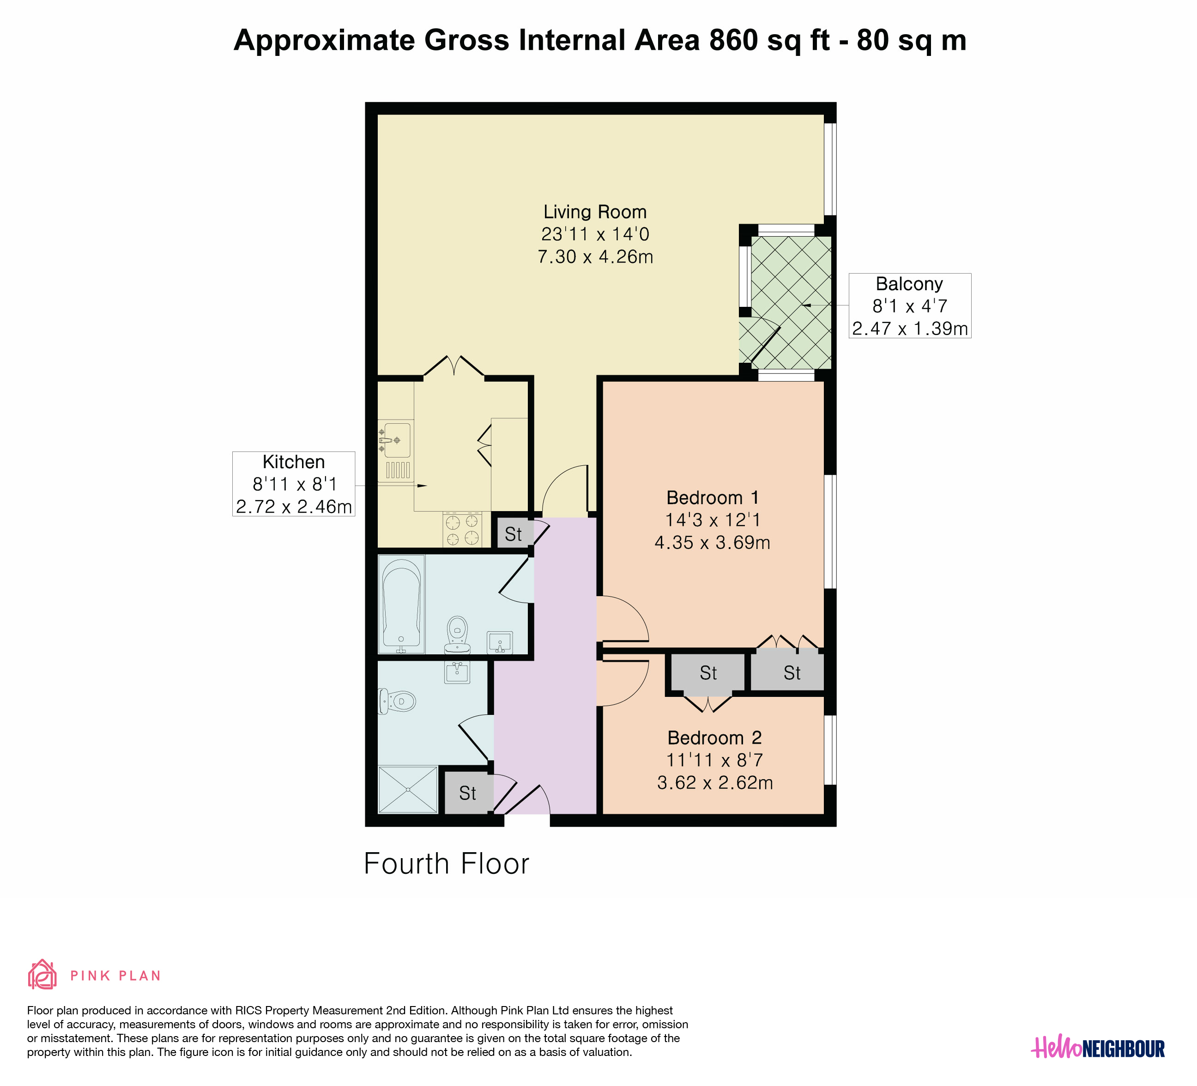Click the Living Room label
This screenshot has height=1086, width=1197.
pos(595,212)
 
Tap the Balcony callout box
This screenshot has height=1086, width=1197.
pos(910,306)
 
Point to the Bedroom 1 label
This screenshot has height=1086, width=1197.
pos(713,498)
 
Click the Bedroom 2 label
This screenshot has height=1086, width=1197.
pos(714,738)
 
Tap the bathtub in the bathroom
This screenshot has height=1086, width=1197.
pos(402,604)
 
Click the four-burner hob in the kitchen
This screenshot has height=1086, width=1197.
pos(462,529)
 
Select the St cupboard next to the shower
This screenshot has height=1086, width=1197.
pos(468,793)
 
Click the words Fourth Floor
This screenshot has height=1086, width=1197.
pos(447,864)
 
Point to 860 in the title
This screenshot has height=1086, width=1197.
pos(733,40)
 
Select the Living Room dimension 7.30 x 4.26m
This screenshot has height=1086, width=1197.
pos(595,256)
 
